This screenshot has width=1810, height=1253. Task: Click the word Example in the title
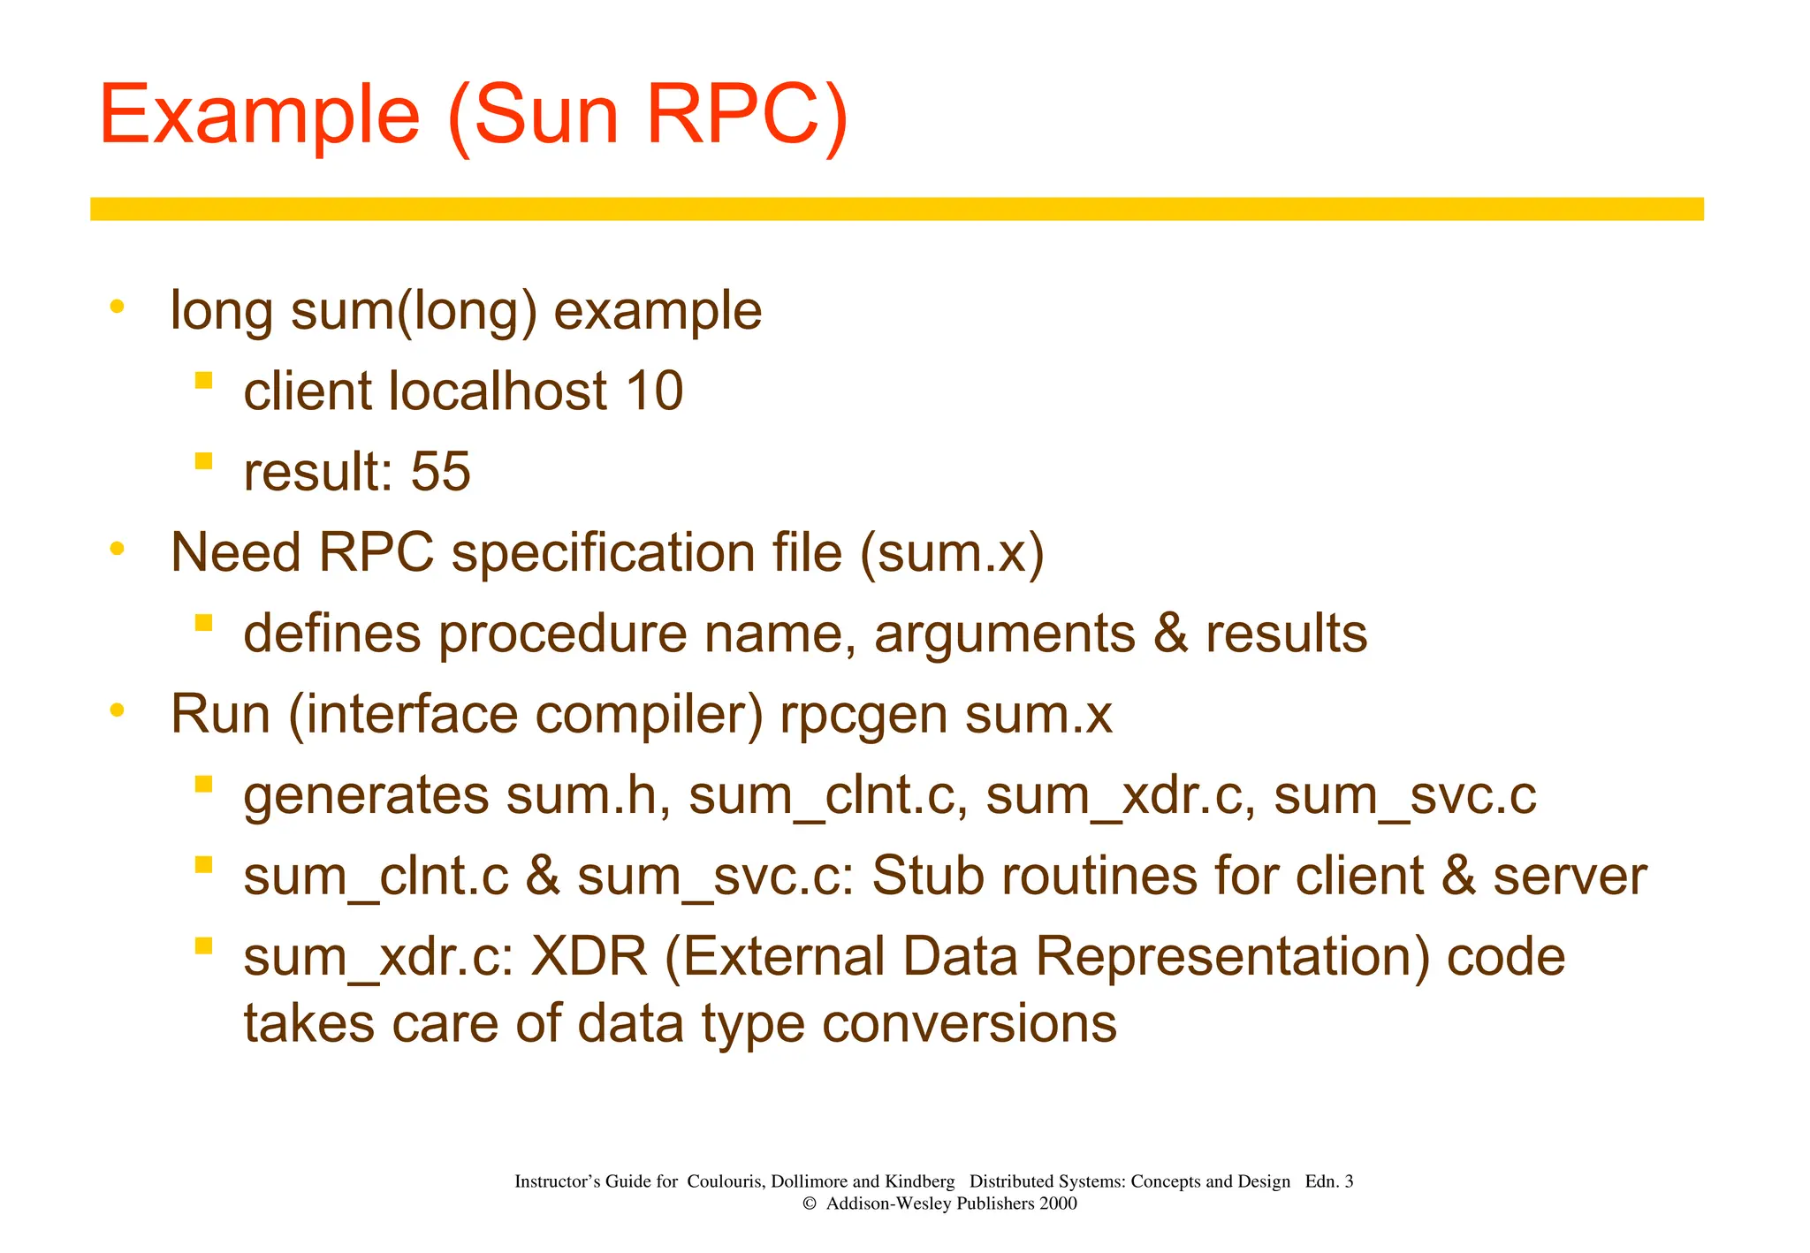tap(259, 116)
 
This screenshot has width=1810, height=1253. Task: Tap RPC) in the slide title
tap(747, 116)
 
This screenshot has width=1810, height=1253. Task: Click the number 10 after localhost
tap(654, 391)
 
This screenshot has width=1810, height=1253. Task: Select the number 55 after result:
tap(440, 471)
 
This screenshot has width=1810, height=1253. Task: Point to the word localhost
tap(498, 391)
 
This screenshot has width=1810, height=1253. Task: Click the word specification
tap(603, 553)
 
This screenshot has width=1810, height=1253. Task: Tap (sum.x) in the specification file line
tap(952, 553)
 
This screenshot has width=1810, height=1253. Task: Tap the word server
tap(1570, 876)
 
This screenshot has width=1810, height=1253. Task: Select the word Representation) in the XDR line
tap(1232, 957)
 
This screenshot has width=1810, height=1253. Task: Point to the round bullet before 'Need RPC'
tap(117, 550)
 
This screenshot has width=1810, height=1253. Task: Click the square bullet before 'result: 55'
tap(204, 461)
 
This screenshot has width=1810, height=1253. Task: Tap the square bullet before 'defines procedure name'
tap(204, 623)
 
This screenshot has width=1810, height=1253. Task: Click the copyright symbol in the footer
tap(808, 1204)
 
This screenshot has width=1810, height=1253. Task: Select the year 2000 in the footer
tap(1058, 1204)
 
